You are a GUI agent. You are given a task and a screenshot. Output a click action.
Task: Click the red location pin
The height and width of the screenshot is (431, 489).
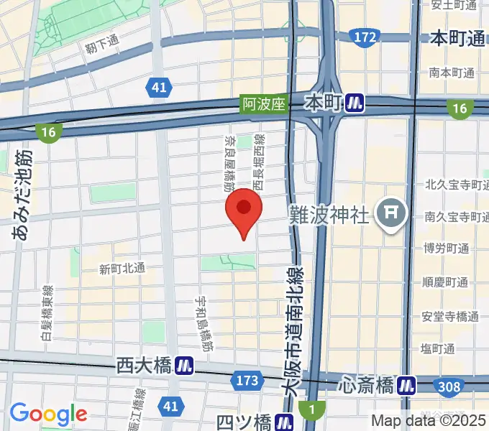(244, 209)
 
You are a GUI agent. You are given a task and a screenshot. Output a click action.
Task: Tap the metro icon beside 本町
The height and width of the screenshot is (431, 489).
(355, 103)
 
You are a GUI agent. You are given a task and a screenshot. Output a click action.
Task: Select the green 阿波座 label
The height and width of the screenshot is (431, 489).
(262, 104)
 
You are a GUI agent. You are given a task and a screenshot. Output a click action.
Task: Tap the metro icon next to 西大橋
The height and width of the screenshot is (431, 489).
(186, 366)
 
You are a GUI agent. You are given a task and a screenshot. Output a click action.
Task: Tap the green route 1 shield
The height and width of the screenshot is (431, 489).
(311, 410)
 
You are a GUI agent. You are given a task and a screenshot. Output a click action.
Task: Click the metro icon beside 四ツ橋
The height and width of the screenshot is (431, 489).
(287, 421)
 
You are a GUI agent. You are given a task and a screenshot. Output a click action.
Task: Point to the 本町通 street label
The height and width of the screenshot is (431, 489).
(457, 39)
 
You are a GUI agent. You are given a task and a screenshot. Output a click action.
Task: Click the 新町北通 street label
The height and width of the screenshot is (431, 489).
(122, 269)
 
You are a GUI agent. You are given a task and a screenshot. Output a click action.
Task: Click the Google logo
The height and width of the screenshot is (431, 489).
(48, 414)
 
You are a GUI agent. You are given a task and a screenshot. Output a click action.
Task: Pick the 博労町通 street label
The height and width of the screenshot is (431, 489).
(447, 249)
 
